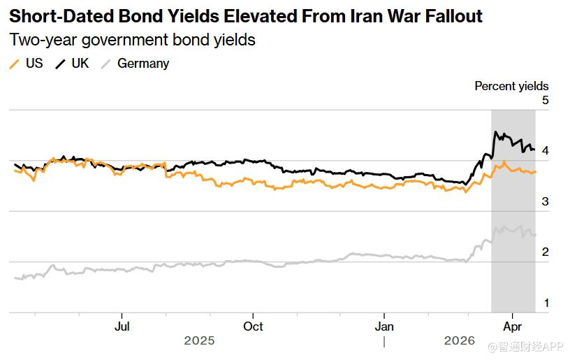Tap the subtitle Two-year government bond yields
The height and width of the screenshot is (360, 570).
[x=132, y=40]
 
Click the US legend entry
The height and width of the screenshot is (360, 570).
[x=34, y=63]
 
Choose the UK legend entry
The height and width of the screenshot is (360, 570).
[x=80, y=63]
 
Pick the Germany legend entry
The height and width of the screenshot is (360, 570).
[x=143, y=64]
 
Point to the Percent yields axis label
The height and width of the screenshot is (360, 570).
[x=511, y=86]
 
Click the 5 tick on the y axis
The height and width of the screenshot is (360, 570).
[x=545, y=101]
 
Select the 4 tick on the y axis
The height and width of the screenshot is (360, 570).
[x=545, y=151]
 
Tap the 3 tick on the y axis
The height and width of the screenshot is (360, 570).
[x=545, y=202]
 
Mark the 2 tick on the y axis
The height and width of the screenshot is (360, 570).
[x=545, y=252]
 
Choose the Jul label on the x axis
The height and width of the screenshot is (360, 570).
[x=122, y=326]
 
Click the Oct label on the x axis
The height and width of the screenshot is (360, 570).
[x=253, y=326]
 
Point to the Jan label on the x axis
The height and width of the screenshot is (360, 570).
[x=384, y=326]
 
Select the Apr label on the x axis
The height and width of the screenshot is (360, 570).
[x=513, y=326]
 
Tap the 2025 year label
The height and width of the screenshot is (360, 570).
[x=199, y=341]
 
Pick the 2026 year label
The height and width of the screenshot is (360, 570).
[x=459, y=341]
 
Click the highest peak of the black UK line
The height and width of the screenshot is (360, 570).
[x=495, y=131]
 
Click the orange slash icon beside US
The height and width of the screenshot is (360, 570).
[x=14, y=64]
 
